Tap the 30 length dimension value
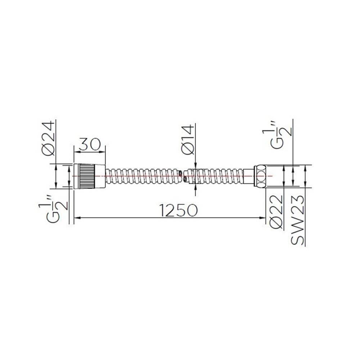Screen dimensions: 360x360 point(90,144)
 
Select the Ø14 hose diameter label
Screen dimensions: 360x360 point(188,140)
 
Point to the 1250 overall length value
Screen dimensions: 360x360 point(179,210)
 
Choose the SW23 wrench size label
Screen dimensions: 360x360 point(298,220)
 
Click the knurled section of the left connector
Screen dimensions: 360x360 point(87,176)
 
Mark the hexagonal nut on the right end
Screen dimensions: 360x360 point(261,176)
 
